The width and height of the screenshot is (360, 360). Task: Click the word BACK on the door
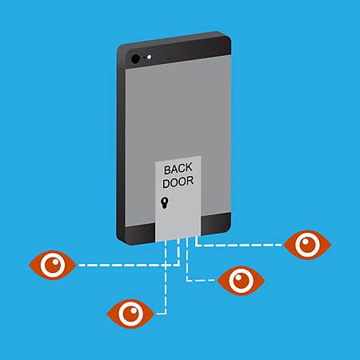[x=178, y=169]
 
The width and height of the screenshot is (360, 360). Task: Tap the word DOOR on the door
[x=178, y=182]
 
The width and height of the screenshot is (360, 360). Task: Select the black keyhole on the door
[x=165, y=203]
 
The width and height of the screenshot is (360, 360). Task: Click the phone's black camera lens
[x=135, y=58]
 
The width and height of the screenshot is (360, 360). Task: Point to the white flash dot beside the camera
[x=149, y=57]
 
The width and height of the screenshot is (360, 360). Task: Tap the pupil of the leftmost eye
[x=53, y=265]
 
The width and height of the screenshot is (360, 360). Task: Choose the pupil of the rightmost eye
[x=307, y=245]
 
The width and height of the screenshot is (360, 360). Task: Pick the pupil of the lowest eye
[x=130, y=314]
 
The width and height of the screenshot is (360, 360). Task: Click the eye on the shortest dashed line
[x=241, y=281]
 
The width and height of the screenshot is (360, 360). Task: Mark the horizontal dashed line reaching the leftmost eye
[x=129, y=265]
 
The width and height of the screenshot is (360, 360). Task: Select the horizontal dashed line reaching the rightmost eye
[x=239, y=245]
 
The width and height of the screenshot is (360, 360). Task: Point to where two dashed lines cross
[x=166, y=265]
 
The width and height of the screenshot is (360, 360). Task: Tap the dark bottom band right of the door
[x=216, y=223]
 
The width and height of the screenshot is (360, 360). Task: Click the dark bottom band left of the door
[x=140, y=234]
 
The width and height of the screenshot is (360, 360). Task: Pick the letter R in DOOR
[x=190, y=181]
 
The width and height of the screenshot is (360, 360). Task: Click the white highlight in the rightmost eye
[x=305, y=242]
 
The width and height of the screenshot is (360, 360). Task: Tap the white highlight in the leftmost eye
[x=56, y=262]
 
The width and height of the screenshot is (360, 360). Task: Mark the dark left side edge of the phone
[x=121, y=144]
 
